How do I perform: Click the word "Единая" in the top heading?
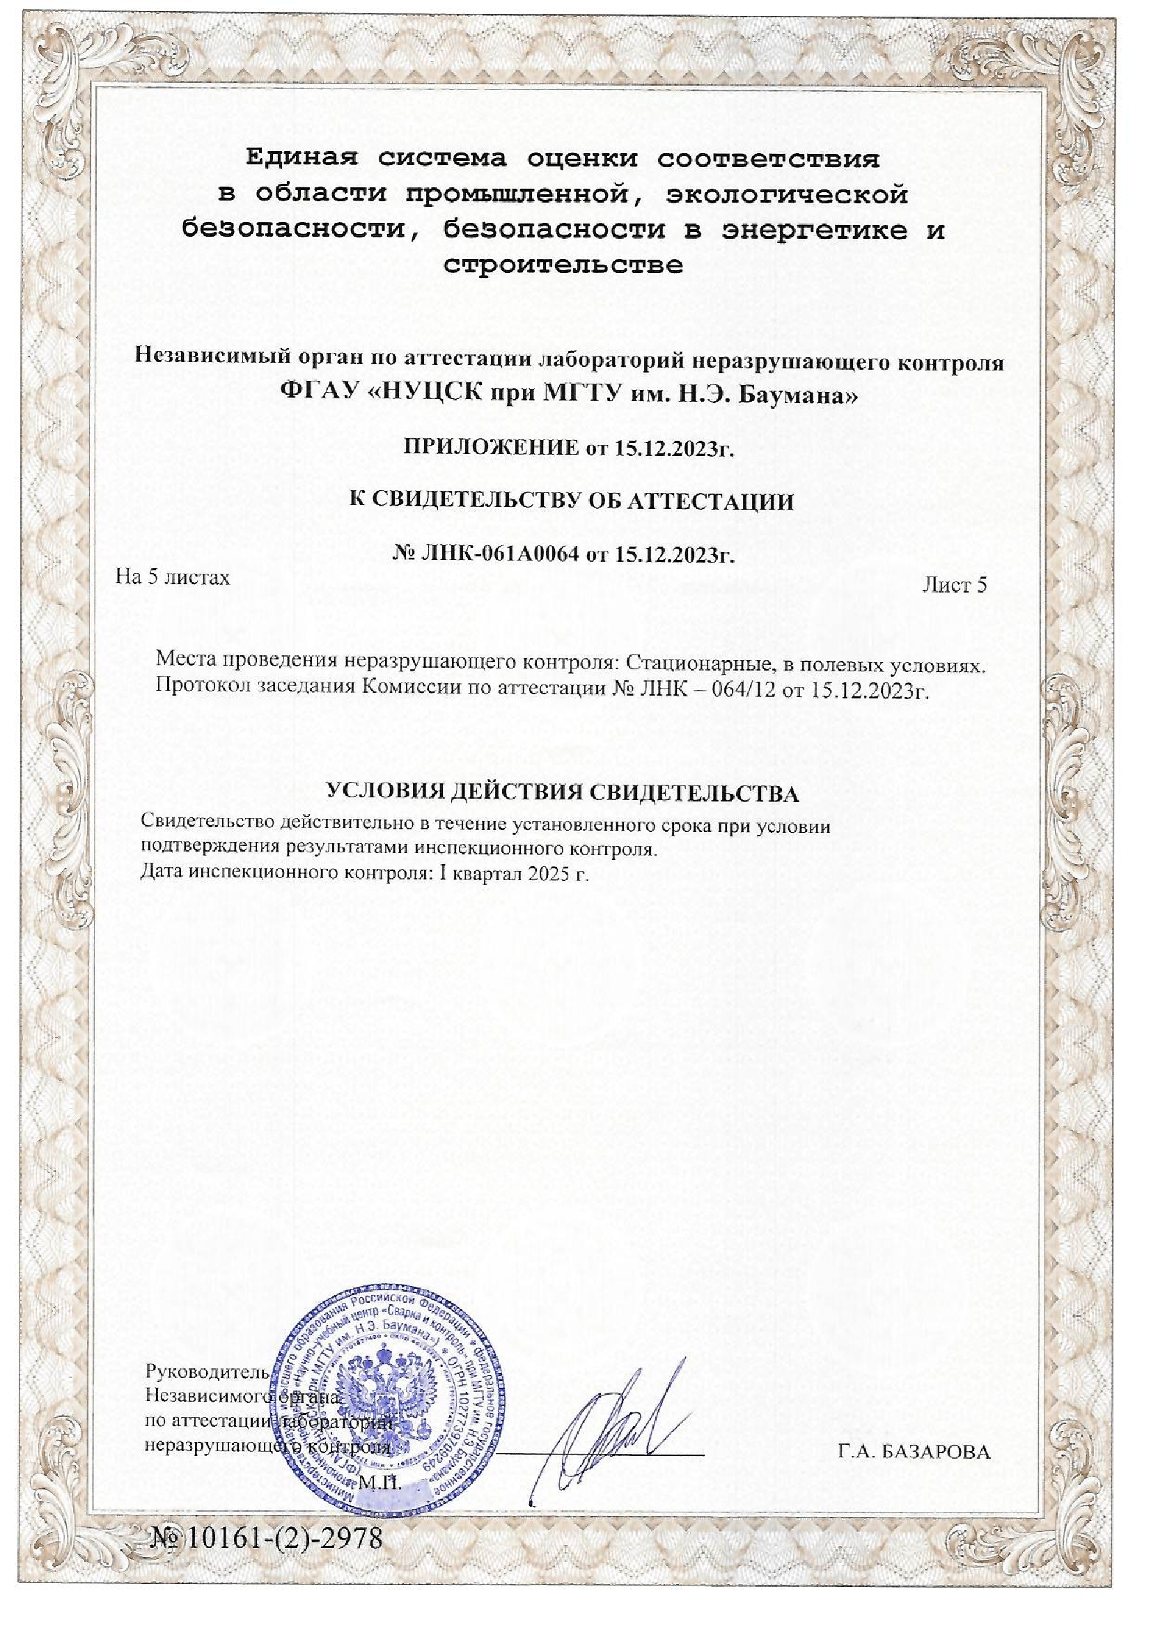click(x=298, y=158)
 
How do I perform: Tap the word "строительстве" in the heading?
click(x=563, y=265)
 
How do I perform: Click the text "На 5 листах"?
click(x=173, y=577)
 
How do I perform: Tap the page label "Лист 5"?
click(x=954, y=585)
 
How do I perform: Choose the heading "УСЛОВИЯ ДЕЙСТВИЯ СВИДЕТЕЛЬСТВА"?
click(x=563, y=792)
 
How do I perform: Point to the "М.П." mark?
click(x=381, y=1481)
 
